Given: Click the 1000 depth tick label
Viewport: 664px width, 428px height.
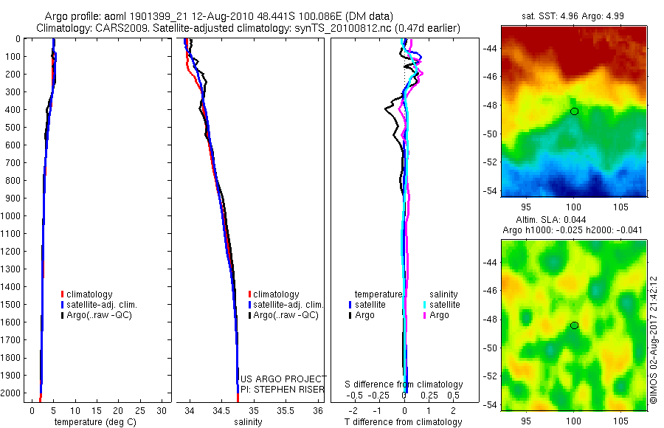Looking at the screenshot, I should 12,216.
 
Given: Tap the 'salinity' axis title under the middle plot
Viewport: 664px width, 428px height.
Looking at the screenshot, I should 249,422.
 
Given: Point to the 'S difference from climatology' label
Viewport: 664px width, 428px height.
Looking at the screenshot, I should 404,384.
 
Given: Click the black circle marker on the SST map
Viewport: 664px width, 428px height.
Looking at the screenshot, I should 574,111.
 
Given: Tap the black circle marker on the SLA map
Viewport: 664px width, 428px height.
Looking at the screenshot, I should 574,325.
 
